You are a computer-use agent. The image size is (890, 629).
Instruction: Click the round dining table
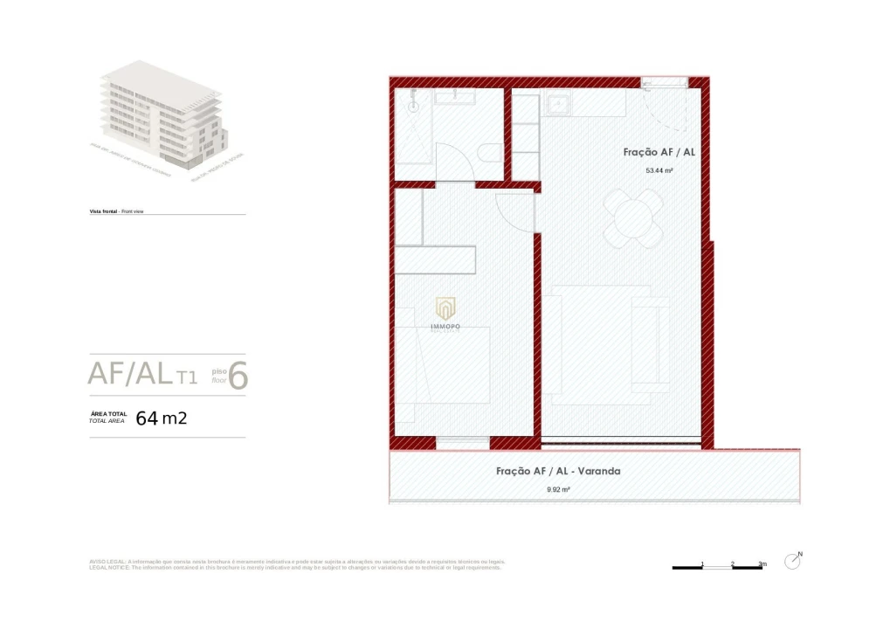(634, 218)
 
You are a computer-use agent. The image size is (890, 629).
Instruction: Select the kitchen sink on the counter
(558, 105)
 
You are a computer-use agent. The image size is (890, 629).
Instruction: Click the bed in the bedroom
(442, 365)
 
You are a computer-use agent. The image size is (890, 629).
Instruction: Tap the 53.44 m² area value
(659, 171)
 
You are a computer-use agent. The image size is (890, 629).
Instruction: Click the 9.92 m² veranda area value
(558, 490)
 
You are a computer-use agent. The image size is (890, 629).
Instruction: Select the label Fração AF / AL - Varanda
(558, 471)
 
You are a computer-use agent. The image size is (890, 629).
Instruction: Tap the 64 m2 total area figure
(162, 418)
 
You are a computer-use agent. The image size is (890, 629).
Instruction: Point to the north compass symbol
(793, 561)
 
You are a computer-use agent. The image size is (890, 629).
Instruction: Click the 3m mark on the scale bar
(762, 564)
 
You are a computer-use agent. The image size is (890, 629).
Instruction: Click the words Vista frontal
(103, 211)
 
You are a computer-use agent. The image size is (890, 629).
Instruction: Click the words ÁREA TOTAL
(108, 413)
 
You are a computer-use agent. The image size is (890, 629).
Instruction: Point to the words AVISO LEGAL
(108, 562)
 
